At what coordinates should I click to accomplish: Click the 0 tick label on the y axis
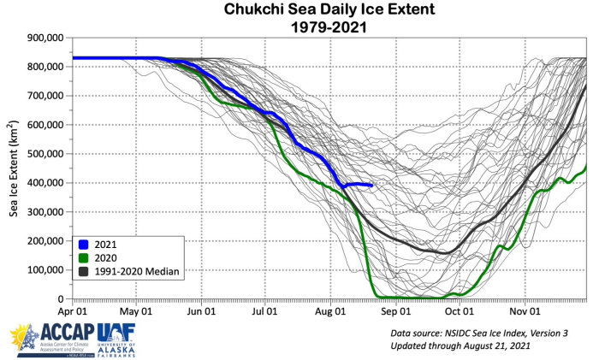(x=61, y=299)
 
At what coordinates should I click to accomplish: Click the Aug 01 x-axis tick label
(x=330, y=312)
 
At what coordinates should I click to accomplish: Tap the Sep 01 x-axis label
(x=395, y=312)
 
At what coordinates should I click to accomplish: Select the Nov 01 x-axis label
(x=524, y=312)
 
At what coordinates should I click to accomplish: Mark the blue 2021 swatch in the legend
(x=86, y=244)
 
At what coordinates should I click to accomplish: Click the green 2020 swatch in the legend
(x=86, y=257)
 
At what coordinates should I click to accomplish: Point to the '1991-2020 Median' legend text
(x=139, y=271)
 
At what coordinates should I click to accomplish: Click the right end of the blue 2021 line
(x=371, y=185)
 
